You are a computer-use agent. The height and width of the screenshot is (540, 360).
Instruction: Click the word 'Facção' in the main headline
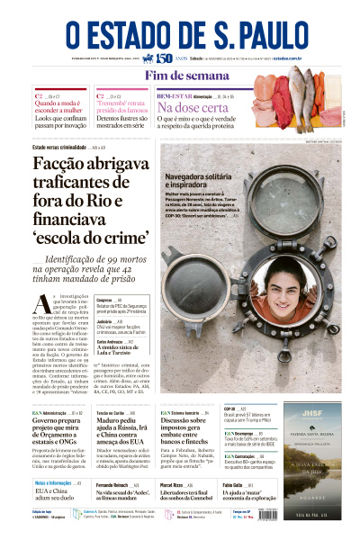click(71, 165)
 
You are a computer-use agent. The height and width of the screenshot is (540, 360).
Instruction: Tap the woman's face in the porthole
click(277, 288)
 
